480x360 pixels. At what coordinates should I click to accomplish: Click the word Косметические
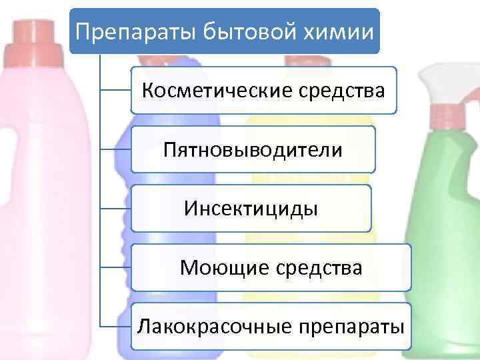coord(213,90)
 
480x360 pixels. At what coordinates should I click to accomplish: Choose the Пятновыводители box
coord(253,149)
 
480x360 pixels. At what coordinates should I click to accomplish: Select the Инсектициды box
coord(251,209)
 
